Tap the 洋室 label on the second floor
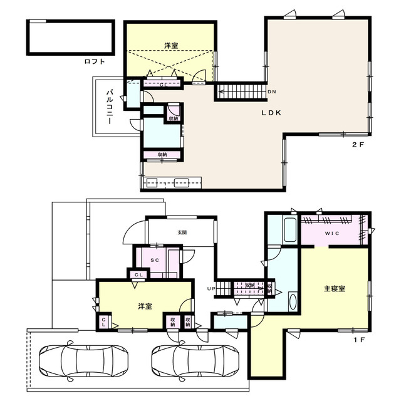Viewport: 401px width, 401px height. click(x=171, y=45)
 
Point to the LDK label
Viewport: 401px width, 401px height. click(x=271, y=113)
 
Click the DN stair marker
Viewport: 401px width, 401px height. click(x=271, y=92)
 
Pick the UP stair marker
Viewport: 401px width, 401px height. click(x=212, y=288)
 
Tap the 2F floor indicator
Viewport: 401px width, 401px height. click(x=357, y=144)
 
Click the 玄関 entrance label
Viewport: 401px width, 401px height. click(x=182, y=232)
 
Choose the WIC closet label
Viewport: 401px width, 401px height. click(x=331, y=234)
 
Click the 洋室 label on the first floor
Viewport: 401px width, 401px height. click(x=145, y=306)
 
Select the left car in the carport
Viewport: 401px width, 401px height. click(x=83, y=362)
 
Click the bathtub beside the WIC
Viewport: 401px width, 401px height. click(x=290, y=230)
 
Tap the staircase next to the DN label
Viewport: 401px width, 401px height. click(x=241, y=91)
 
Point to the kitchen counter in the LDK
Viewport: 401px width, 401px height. click(x=172, y=183)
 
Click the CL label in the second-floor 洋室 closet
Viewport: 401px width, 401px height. click(x=162, y=83)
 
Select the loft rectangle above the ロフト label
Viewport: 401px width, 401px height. click(x=70, y=37)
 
